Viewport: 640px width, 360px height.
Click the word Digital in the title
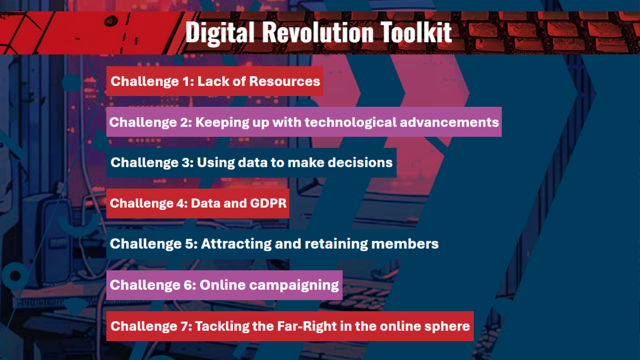click(x=220, y=32)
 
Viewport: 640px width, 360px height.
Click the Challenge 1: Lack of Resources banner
click(x=215, y=81)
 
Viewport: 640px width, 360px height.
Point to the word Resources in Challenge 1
click(x=284, y=81)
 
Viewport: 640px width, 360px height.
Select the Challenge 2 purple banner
click(x=304, y=122)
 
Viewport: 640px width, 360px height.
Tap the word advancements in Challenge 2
click(x=449, y=122)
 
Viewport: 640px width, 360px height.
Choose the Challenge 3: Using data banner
click(x=252, y=162)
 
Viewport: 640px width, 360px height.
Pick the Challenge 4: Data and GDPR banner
click(x=198, y=204)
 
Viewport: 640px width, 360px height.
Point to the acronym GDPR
click(x=268, y=204)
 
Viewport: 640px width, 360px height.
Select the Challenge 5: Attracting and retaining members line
click(x=274, y=244)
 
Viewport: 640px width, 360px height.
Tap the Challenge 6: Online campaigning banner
click(x=224, y=285)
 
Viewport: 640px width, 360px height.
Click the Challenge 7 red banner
click(x=290, y=326)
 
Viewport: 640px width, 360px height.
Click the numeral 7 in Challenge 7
click(x=184, y=326)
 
